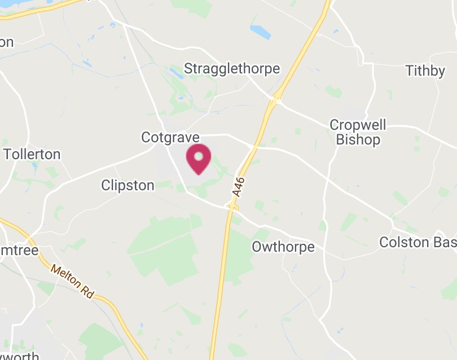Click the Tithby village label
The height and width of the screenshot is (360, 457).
pyautogui.click(x=425, y=71)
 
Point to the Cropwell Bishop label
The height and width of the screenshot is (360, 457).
pyautogui.click(x=358, y=132)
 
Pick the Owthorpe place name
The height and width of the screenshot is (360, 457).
pyautogui.click(x=283, y=247)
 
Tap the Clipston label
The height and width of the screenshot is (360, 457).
pyautogui.click(x=128, y=185)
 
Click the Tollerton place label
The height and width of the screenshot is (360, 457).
pyautogui.click(x=32, y=154)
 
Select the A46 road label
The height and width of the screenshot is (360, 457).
pyautogui.click(x=239, y=187)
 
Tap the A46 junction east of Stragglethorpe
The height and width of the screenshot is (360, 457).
pyautogui.click(x=275, y=101)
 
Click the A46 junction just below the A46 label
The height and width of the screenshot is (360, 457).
pyautogui.click(x=232, y=208)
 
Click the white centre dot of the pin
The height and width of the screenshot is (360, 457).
pyautogui.click(x=199, y=155)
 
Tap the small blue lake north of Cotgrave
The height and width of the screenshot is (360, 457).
pyautogui.click(x=176, y=72)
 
